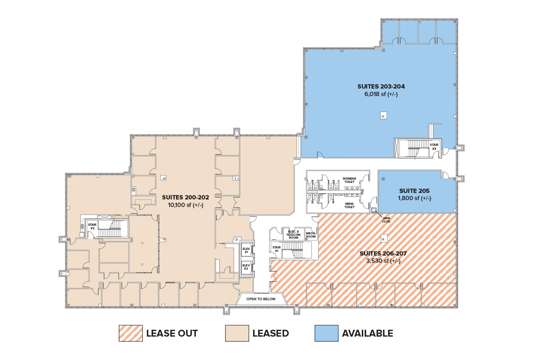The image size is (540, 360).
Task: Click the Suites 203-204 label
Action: pos(381,86)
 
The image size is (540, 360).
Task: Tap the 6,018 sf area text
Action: pos(381,94)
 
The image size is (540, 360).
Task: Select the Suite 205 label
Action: pos(414,191)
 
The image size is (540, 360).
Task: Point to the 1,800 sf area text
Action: pos(414,198)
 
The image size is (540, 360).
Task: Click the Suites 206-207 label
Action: pos(383,253)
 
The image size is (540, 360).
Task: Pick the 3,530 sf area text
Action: pos(383,261)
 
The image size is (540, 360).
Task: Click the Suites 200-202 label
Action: pos(185,197)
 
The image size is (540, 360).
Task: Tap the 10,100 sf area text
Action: pos(185,205)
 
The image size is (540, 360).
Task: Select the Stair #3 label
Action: pos(434,147)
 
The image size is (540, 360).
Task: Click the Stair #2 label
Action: pos(92,226)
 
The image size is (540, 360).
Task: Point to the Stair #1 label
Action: pos(276,249)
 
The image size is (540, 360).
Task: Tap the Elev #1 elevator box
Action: pos(246,251)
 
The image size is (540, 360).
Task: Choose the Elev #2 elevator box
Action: pos(246,267)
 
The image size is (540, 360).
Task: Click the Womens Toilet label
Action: pos(349,180)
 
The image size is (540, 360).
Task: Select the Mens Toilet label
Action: pos(349,205)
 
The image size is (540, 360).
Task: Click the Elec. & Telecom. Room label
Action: pos(293,234)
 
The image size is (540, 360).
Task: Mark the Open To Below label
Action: pos(261,299)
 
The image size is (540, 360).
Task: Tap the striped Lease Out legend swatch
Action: pos(131,333)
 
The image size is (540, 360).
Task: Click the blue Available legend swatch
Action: pos(326,333)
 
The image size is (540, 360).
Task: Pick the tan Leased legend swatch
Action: pos(237,333)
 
